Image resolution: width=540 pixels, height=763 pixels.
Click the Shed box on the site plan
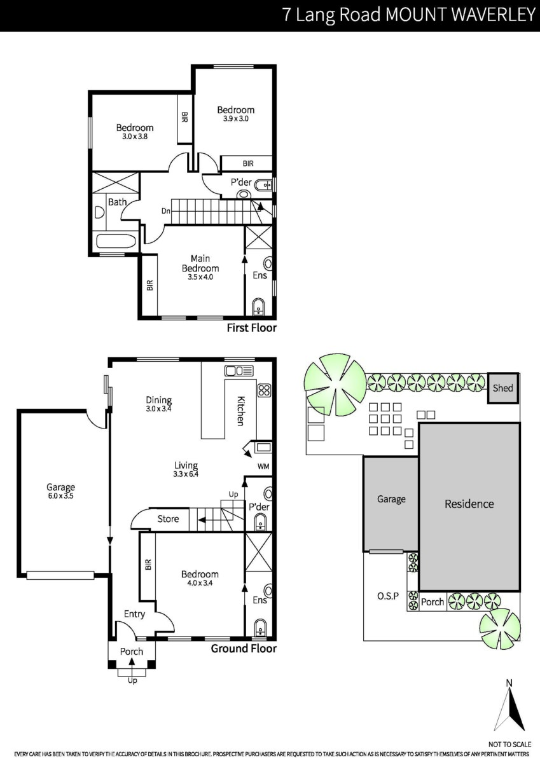pos(503,388)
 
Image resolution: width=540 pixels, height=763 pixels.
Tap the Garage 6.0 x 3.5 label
pos(60,491)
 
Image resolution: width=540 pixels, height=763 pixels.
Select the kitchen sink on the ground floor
pos(239,371)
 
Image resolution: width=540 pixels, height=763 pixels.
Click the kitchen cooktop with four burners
pos(265,390)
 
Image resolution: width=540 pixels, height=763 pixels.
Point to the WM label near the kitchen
pos(263,467)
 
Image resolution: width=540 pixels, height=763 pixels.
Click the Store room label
pos(168,519)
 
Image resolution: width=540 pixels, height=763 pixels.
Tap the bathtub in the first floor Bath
pos(116,241)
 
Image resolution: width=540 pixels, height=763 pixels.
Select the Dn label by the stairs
pos(165,211)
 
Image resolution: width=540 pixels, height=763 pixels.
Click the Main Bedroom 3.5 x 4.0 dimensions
pos(200,277)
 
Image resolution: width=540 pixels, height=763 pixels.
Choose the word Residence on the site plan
pos(469,504)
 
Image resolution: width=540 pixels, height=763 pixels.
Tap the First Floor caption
pos(252,328)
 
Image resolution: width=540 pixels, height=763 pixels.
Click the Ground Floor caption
pos(244,648)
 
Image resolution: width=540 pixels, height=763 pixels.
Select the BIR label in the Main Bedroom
pos(149,285)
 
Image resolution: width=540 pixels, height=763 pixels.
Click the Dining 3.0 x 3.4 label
pos(159,404)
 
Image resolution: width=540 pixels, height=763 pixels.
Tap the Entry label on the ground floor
pos(134,614)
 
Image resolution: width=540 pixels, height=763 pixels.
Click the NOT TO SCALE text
pos(509,745)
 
